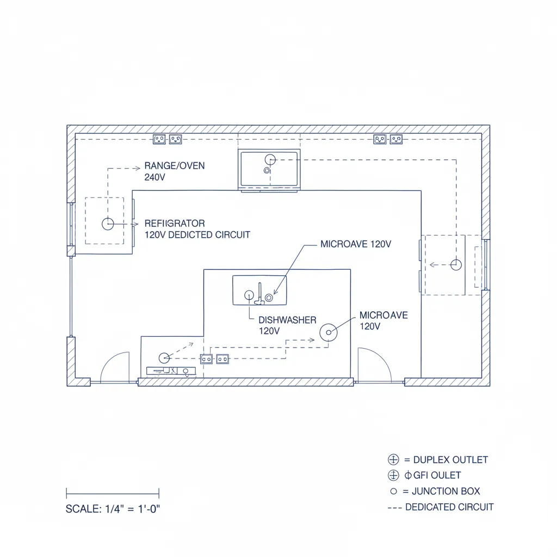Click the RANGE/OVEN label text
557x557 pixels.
point(175,166)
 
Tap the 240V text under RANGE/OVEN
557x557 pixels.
point(154,177)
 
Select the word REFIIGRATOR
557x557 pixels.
point(175,224)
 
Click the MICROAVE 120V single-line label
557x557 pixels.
point(356,244)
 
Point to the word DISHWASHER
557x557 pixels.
point(287,320)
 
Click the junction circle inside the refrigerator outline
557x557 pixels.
point(108,224)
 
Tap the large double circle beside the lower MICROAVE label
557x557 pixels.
point(329,332)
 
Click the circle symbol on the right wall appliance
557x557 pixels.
point(456,265)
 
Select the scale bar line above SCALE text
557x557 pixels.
point(113,493)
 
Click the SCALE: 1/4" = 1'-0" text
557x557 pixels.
point(113,509)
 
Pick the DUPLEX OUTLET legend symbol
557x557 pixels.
point(393,459)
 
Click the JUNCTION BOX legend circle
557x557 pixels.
point(394,491)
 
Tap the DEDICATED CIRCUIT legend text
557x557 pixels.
point(449,507)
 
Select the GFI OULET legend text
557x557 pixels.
point(437,475)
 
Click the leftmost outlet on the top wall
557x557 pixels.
point(159,139)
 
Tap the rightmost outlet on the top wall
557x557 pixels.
point(396,139)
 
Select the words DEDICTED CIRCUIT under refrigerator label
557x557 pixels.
point(209,235)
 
